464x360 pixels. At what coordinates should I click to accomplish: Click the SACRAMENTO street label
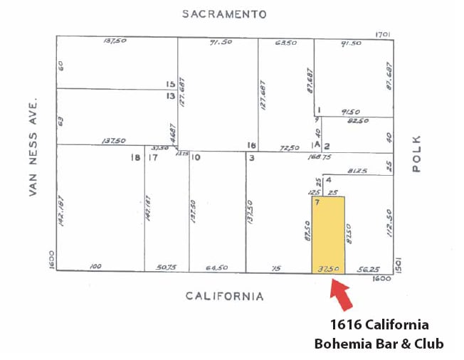223,14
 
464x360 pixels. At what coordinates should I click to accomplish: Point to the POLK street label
416,153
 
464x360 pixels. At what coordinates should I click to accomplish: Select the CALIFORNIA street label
225,296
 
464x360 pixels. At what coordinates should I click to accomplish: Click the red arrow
341,295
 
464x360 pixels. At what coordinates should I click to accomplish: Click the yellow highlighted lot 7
328,235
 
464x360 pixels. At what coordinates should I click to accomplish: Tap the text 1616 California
379,324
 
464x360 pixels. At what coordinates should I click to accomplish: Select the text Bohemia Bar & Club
379,344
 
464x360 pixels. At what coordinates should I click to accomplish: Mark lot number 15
171,84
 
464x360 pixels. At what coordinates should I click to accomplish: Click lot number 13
171,95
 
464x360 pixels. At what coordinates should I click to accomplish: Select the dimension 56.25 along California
368,268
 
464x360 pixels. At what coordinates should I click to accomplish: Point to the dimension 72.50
290,148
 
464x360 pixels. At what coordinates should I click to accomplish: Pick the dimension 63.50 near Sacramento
287,43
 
